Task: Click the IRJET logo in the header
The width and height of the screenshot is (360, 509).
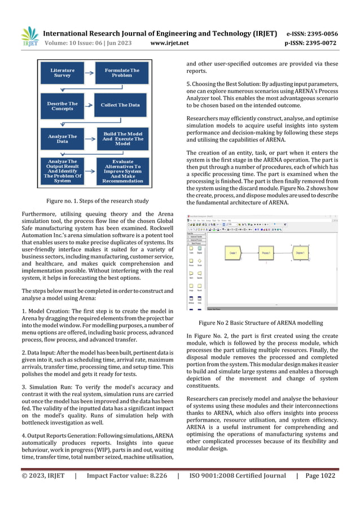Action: (x=29, y=37)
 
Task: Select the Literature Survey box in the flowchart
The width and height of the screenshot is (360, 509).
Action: (x=63, y=73)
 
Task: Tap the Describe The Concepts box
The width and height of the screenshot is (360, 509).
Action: (x=63, y=106)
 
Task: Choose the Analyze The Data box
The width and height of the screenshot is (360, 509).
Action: (x=63, y=139)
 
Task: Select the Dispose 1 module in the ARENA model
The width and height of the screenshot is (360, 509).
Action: (x=300, y=253)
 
